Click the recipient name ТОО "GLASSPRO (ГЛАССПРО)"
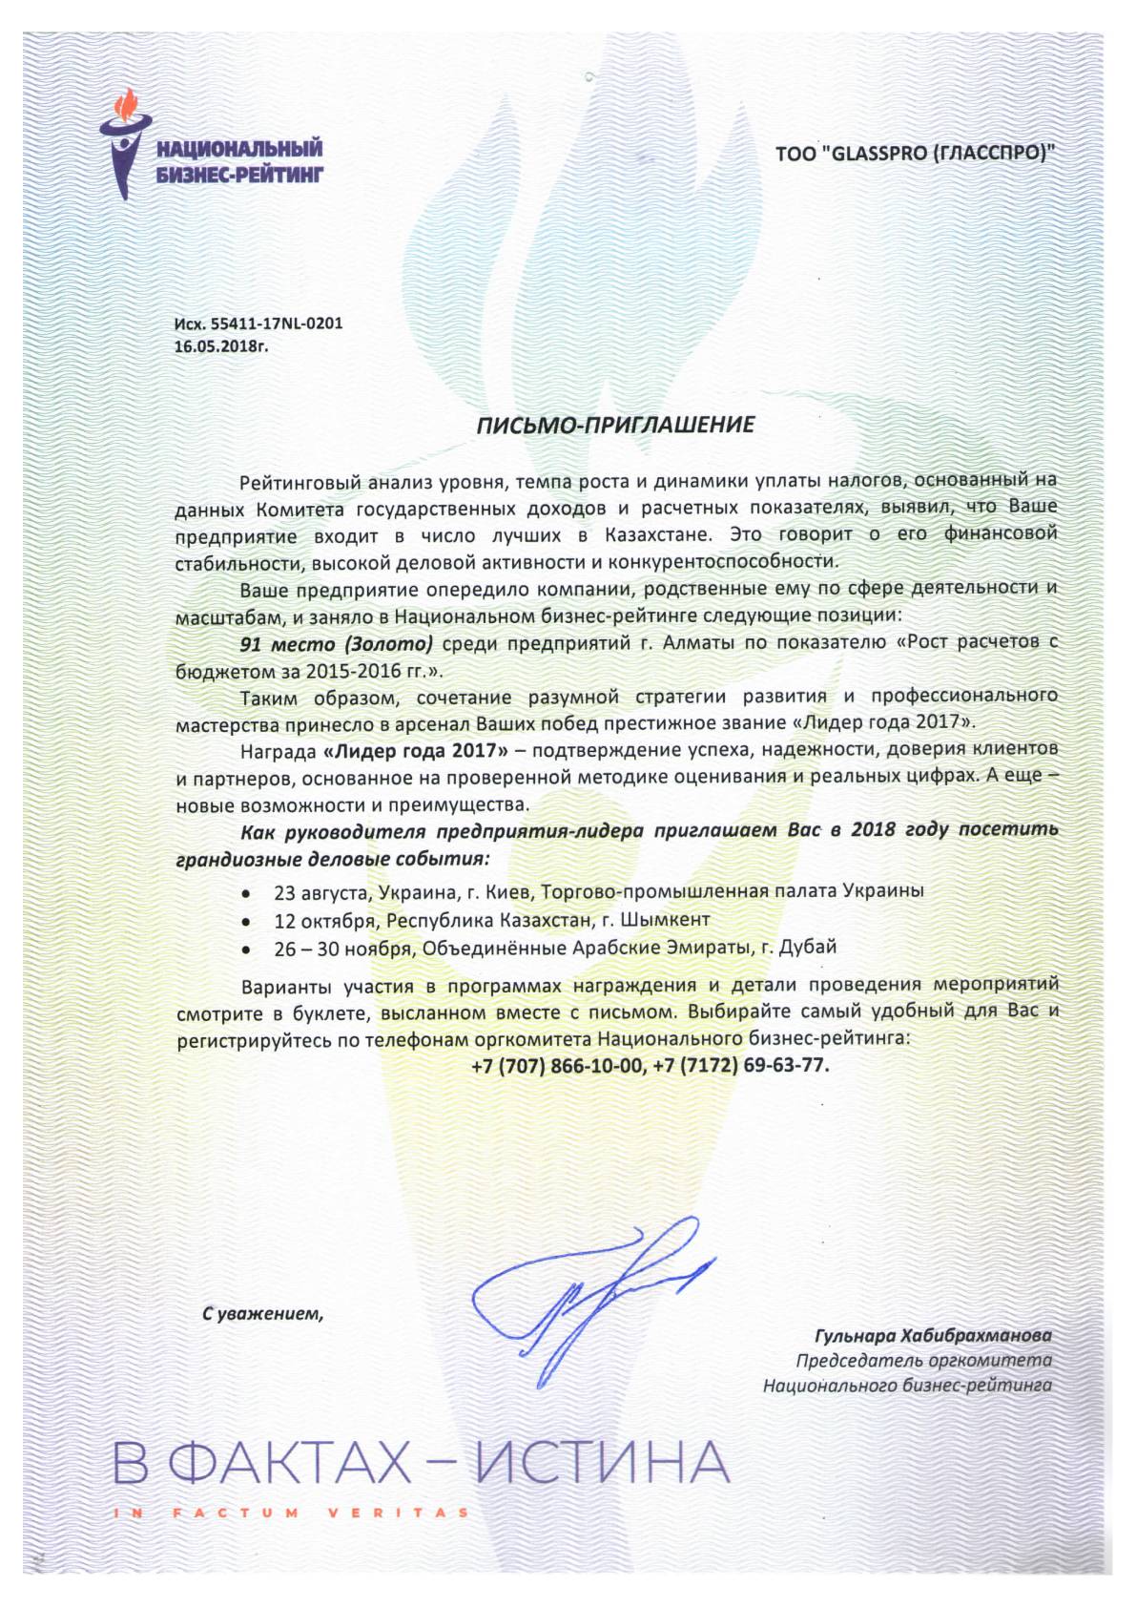point(916,153)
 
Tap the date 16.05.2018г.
point(221,346)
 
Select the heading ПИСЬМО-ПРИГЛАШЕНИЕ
point(615,425)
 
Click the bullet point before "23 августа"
point(247,894)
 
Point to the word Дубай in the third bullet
point(809,948)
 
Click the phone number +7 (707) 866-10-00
point(557,1065)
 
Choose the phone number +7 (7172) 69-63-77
point(742,1065)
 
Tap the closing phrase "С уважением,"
point(263,1314)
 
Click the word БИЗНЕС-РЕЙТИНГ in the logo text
point(239,173)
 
